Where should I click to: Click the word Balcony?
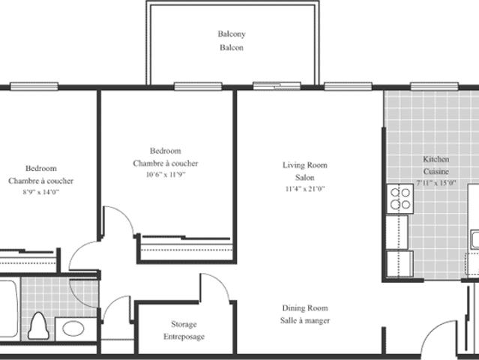232,34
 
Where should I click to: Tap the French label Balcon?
232,48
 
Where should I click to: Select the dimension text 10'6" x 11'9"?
165,175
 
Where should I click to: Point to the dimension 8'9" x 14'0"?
40,193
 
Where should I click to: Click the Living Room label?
304,165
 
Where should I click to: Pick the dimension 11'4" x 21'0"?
304,189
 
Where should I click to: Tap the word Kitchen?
436,160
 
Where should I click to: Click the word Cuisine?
436,172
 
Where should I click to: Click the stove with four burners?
400,198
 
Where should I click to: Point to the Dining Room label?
305,308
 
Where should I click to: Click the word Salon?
304,178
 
